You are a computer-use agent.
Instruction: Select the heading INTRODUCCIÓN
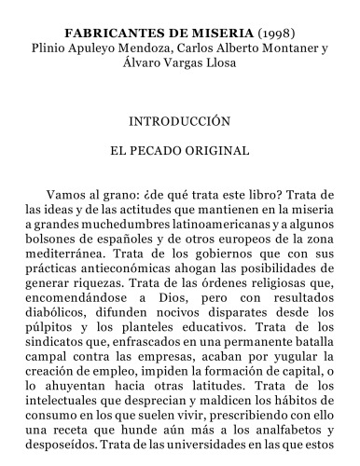click(x=179, y=121)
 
